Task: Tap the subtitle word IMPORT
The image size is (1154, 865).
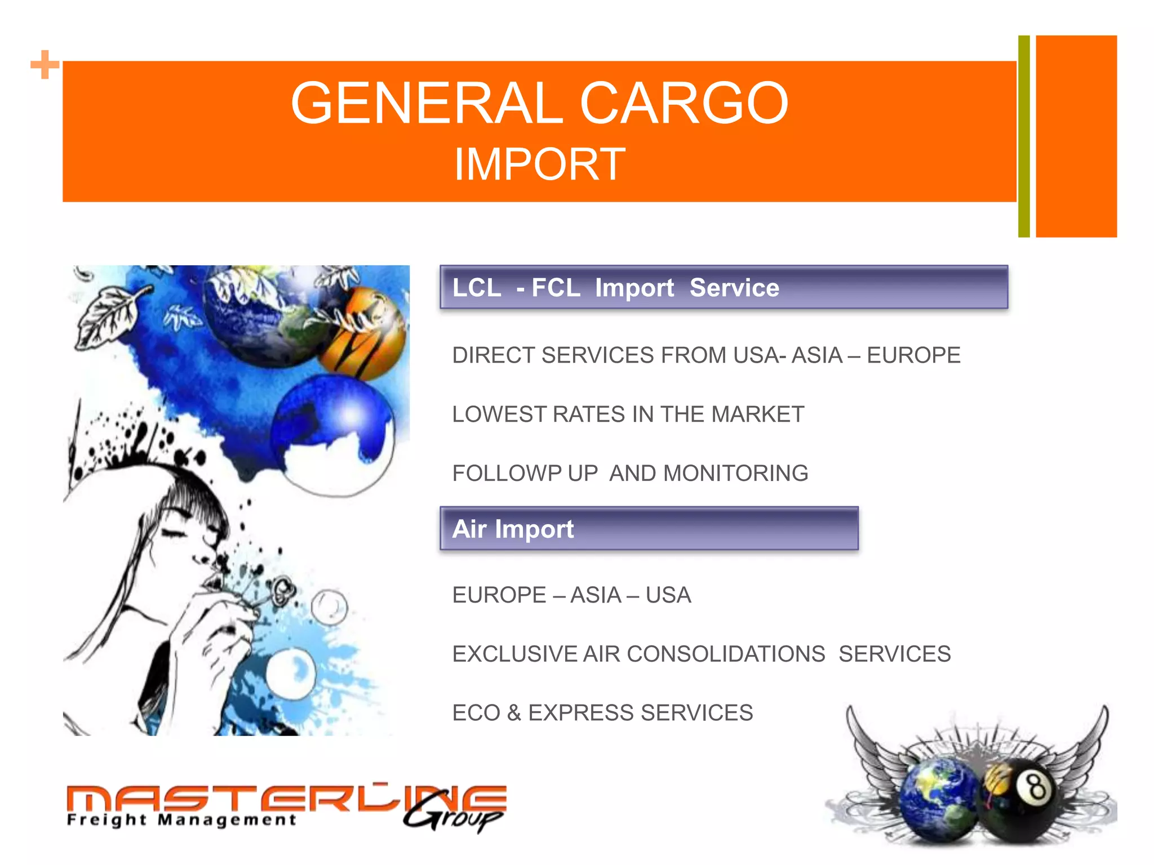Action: coord(539,164)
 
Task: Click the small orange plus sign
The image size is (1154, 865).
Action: coord(45,65)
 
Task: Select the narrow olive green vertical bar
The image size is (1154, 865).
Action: coord(1024,136)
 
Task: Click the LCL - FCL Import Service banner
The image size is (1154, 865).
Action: coord(724,287)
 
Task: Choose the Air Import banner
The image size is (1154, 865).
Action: coord(649,529)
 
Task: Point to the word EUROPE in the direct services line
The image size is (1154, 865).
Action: coord(913,355)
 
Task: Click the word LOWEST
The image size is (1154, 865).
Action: coord(498,414)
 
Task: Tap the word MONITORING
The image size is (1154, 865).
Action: coord(735,474)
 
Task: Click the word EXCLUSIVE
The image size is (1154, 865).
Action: coord(515,654)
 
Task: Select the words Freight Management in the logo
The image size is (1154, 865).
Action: coord(181,819)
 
